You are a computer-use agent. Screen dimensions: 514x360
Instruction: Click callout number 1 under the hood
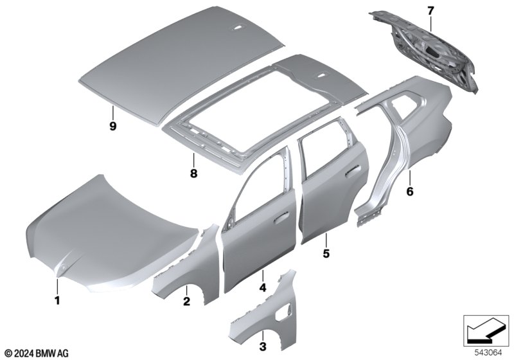tap(57, 300)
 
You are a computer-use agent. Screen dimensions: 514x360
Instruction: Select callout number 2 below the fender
tap(186, 301)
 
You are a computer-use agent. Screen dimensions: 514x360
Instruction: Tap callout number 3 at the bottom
tap(263, 346)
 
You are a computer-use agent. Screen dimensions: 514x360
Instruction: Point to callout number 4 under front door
tap(263, 287)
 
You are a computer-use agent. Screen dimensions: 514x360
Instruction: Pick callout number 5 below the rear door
tap(326, 253)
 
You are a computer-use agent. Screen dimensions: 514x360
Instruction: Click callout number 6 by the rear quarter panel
tap(410, 191)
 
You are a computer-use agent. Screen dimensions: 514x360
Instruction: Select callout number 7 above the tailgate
tap(430, 11)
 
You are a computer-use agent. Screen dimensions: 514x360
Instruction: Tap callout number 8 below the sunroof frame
tap(194, 173)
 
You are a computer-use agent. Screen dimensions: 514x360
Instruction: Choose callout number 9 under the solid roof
tap(113, 126)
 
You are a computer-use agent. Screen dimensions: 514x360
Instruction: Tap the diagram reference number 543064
tap(488, 353)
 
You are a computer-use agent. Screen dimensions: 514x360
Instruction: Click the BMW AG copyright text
tap(37, 354)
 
